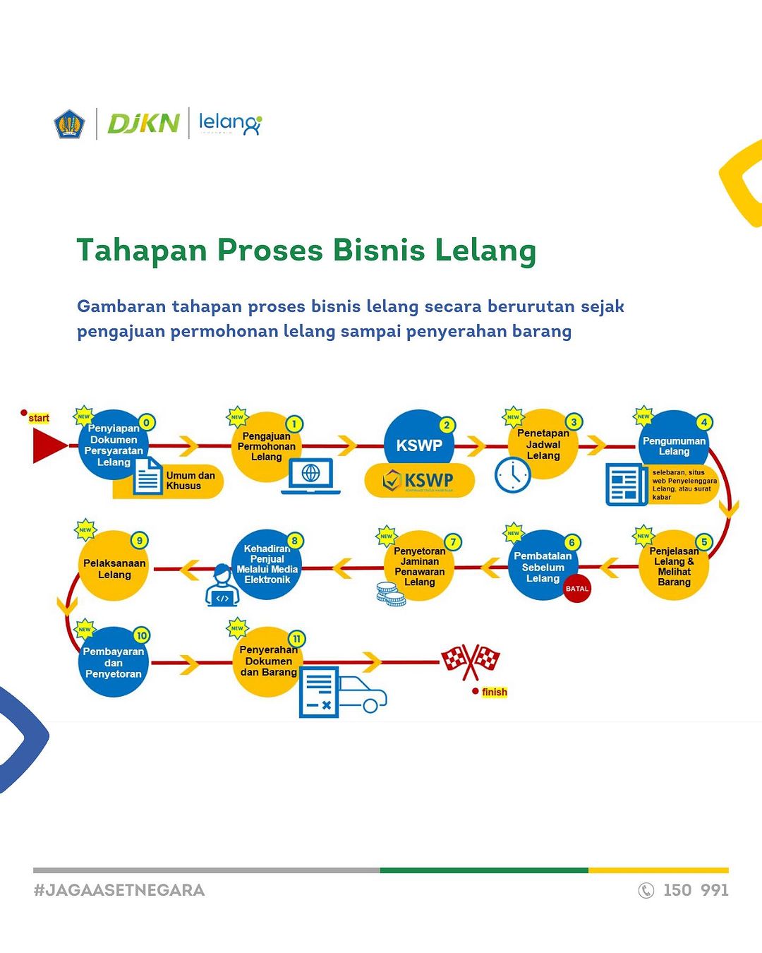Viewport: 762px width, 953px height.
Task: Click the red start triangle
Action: [x=48, y=445]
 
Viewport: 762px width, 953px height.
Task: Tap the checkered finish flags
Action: [x=470, y=661]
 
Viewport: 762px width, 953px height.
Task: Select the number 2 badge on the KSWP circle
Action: [x=446, y=425]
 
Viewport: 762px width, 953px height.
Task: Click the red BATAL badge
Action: [x=576, y=588]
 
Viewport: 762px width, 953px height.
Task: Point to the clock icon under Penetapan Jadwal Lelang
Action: [x=512, y=475]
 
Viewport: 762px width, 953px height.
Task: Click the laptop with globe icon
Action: [x=310, y=476]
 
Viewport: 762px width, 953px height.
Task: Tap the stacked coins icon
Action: [x=390, y=594]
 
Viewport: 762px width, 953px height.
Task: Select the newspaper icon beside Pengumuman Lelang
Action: [x=625, y=485]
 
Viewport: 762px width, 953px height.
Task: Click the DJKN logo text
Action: [x=143, y=124]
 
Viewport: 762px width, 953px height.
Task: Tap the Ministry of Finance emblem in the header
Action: [x=69, y=124]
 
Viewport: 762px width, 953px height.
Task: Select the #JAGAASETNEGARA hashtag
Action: [x=119, y=890]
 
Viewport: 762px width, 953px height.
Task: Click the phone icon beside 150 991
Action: [x=646, y=890]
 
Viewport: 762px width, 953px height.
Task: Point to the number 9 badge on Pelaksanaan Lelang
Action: [x=140, y=541]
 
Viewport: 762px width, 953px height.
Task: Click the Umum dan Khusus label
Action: [x=190, y=481]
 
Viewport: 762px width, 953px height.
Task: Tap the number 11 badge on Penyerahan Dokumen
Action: [x=296, y=639]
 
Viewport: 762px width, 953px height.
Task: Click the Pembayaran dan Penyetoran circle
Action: [x=114, y=662]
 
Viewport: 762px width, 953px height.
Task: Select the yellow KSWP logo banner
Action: [x=419, y=481]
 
